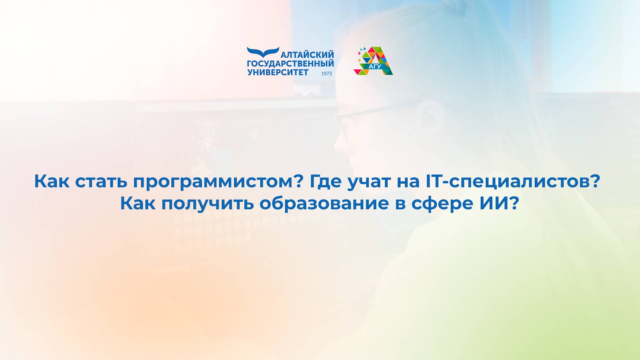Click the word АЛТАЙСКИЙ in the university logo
(x=307, y=55)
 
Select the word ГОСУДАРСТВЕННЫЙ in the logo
(x=290, y=63)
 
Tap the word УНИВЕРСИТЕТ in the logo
(x=278, y=72)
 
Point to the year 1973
(x=327, y=74)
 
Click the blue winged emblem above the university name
(x=263, y=52)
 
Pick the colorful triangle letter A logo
(x=373, y=61)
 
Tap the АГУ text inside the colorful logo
(x=375, y=66)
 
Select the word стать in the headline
(x=102, y=181)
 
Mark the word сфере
(x=442, y=204)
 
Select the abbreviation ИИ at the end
(x=494, y=203)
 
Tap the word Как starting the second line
(x=138, y=203)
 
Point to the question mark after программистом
(x=299, y=181)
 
